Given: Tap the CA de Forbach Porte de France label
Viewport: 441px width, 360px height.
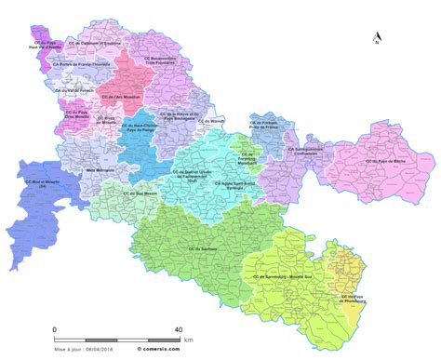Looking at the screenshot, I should (x=264, y=125).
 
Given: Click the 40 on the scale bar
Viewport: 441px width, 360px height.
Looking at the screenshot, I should (x=179, y=329).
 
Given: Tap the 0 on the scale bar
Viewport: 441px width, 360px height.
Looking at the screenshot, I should (x=54, y=329).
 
